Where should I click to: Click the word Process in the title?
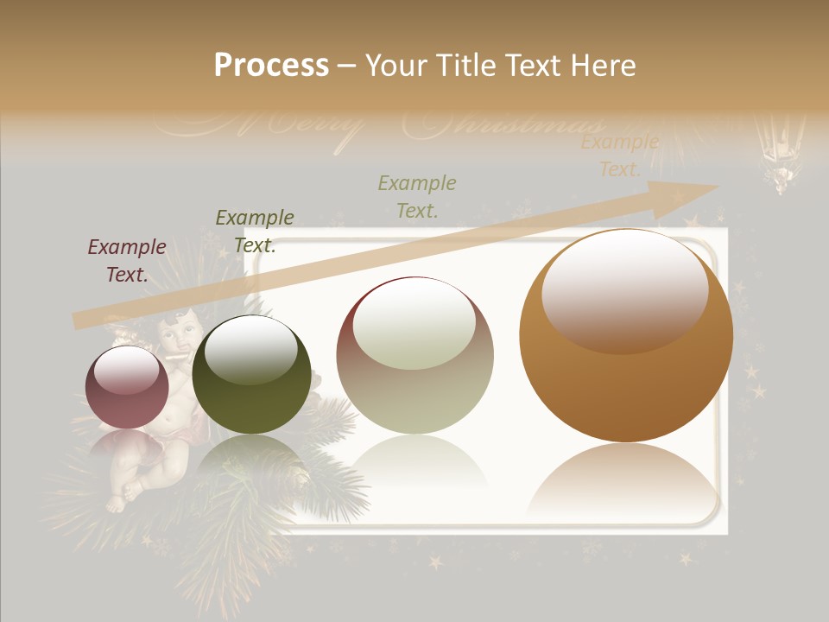pos(271,66)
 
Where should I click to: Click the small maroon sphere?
pos(127,387)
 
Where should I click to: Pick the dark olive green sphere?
pos(251,374)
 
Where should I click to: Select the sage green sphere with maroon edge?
pos(414,355)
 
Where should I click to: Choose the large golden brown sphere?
pos(626,335)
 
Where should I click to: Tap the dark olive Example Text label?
pos(255,231)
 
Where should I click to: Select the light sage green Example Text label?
pos(417,196)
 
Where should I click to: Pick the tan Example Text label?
pos(619,155)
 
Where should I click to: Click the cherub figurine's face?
pos(178,332)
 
